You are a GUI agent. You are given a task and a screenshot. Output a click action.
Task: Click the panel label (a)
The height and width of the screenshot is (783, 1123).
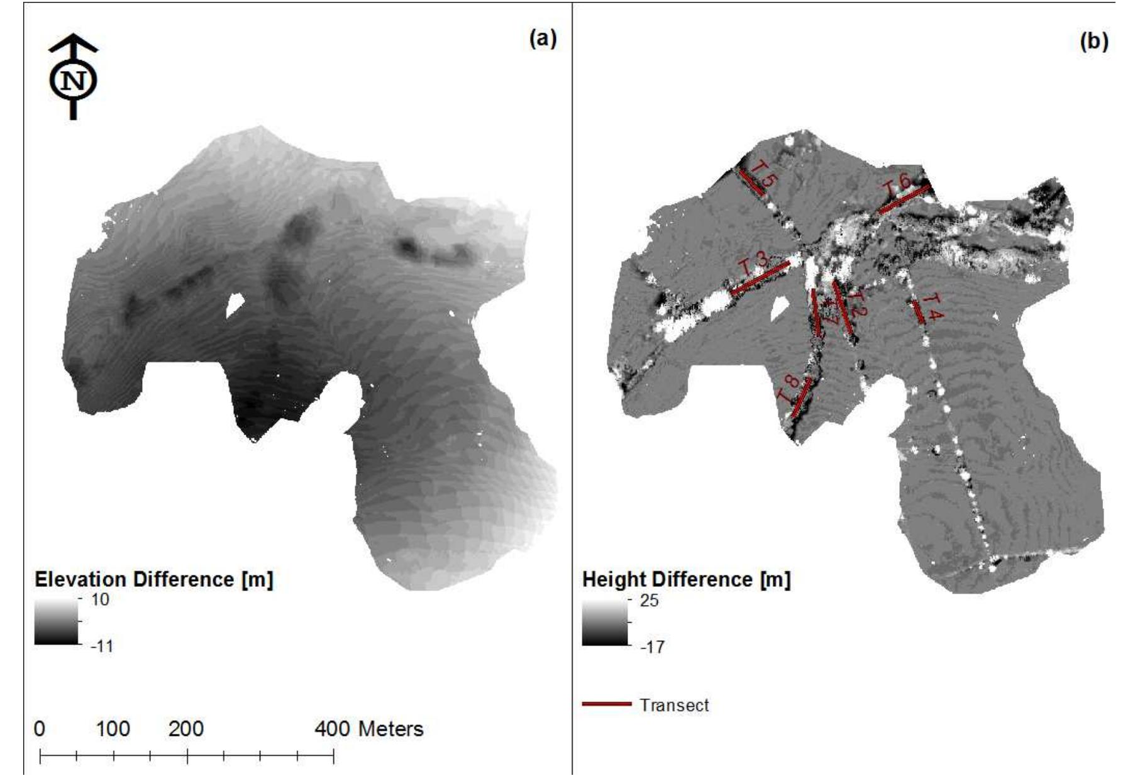pyautogui.click(x=543, y=39)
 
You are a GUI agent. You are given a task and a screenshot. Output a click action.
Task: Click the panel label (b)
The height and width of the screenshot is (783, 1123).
pyautogui.click(x=1093, y=42)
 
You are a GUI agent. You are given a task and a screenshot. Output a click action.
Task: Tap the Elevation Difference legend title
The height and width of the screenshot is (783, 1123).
pyautogui.click(x=154, y=579)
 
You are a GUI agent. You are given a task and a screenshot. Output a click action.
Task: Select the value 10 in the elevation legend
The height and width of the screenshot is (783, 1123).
pyautogui.click(x=100, y=599)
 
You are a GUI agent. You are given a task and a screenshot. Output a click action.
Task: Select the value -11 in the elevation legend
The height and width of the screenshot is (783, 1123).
pyautogui.click(x=102, y=646)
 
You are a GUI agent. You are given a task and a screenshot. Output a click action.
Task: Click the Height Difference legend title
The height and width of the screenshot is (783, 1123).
pyautogui.click(x=686, y=579)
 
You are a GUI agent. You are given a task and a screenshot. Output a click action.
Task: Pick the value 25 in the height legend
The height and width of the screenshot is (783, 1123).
pyautogui.click(x=650, y=601)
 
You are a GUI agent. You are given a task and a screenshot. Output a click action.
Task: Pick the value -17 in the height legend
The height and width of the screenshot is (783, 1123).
pyautogui.click(x=652, y=647)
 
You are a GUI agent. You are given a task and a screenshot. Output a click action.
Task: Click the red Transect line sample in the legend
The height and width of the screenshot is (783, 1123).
pyautogui.click(x=606, y=704)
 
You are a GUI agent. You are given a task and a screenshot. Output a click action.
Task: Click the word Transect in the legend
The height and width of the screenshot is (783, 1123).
pyautogui.click(x=674, y=705)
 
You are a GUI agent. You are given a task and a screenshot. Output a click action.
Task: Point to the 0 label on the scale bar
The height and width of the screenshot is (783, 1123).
pyautogui.click(x=40, y=729)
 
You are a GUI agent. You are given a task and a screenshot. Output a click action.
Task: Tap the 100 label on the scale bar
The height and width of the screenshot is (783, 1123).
pyautogui.click(x=113, y=729)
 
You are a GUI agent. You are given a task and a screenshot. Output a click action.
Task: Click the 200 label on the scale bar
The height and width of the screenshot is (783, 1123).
pyautogui.click(x=186, y=729)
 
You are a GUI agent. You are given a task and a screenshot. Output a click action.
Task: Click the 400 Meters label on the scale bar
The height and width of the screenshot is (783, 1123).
pyautogui.click(x=368, y=729)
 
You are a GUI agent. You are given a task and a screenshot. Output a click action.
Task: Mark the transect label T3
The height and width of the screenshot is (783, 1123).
pyautogui.click(x=753, y=263)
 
